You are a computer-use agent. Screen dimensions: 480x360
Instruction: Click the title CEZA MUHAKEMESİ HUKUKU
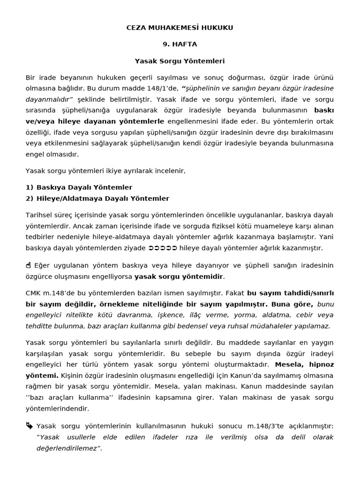[x=180, y=28]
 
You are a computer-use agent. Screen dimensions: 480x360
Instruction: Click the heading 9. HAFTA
[x=180, y=45]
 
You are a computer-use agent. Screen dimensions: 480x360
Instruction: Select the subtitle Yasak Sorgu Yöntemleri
[x=180, y=61]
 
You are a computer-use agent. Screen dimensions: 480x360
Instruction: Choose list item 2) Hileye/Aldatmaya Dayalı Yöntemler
[x=97, y=198]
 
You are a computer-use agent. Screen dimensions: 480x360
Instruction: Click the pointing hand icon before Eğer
[x=29, y=265]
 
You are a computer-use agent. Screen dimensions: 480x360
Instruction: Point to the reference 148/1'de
[x=162, y=89]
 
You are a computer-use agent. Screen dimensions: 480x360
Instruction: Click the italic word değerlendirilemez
[x=63, y=449]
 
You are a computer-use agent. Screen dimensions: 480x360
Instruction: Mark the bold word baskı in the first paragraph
[x=323, y=111]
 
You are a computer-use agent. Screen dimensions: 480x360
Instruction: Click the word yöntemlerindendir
[x=57, y=409]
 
